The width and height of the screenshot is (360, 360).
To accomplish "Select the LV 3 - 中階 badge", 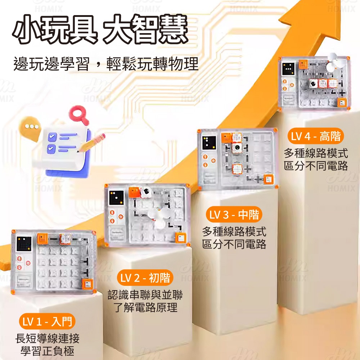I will pos(234,215).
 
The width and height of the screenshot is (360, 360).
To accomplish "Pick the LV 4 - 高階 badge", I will pos(316,136).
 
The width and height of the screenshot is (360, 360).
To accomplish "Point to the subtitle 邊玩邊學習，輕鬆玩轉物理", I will pos(106,64).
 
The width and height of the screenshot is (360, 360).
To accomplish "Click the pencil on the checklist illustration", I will pos(93,142).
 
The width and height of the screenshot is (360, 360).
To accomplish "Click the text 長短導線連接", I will pos(47,338).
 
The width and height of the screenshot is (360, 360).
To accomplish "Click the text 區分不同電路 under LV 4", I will pos(316,166).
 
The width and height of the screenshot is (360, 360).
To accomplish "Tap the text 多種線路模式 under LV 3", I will pos(234,231).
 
